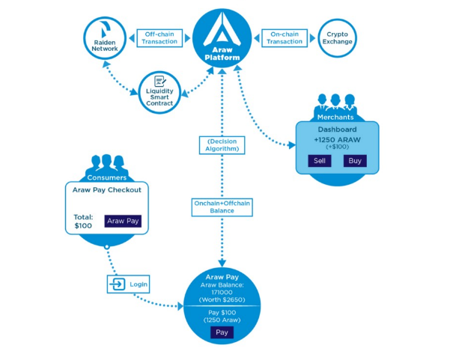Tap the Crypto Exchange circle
tap(337, 37)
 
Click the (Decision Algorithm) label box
tap(222, 144)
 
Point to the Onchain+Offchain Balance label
tap(222, 206)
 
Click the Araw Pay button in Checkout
tap(122, 221)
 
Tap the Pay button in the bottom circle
tap(222, 332)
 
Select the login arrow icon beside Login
tap(118, 284)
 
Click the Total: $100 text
tap(83, 221)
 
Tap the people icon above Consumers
tap(105, 164)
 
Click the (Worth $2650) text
tap(222, 299)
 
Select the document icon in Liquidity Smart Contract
tap(159, 82)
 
